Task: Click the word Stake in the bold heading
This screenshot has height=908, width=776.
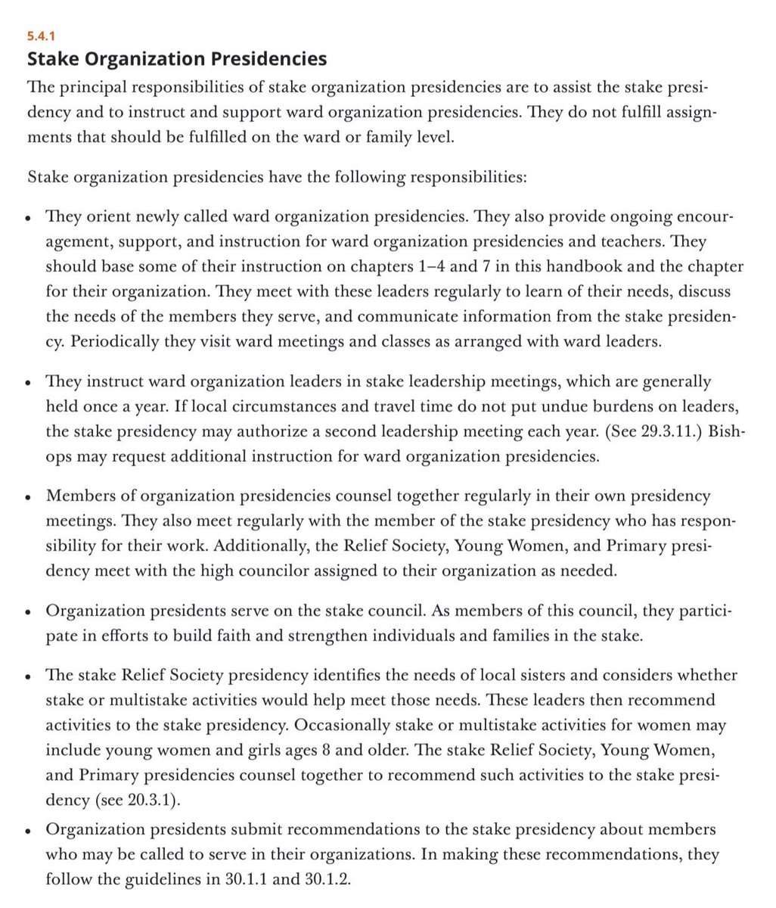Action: point(51,58)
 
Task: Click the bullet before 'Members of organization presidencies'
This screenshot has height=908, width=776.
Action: point(28,498)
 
